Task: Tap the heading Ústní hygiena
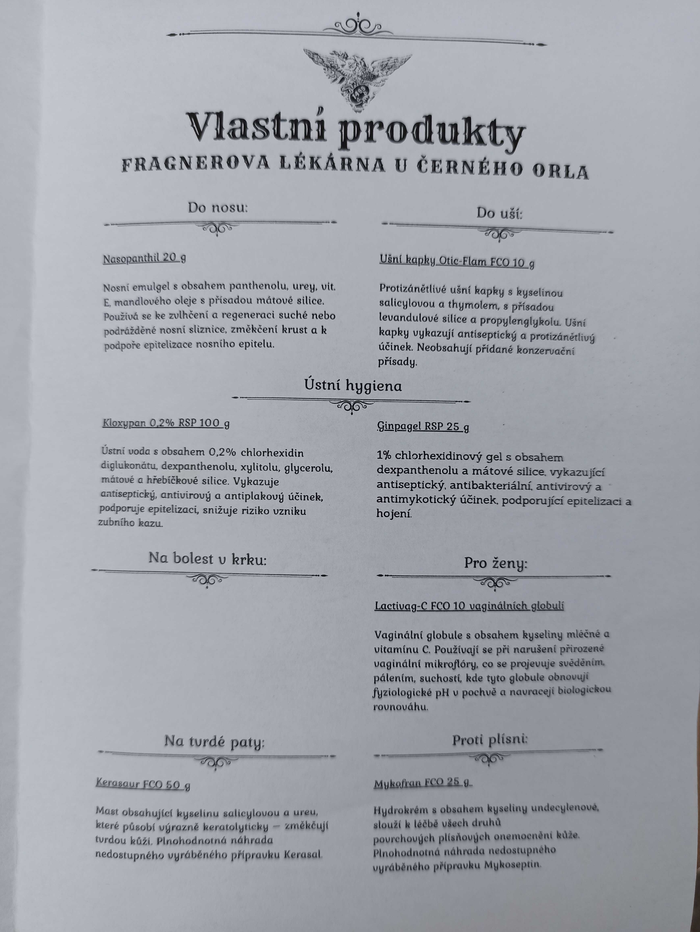[x=353, y=386]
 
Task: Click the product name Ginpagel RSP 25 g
[x=423, y=427]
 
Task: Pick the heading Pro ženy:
[x=496, y=563]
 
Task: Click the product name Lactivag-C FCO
[x=469, y=606]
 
